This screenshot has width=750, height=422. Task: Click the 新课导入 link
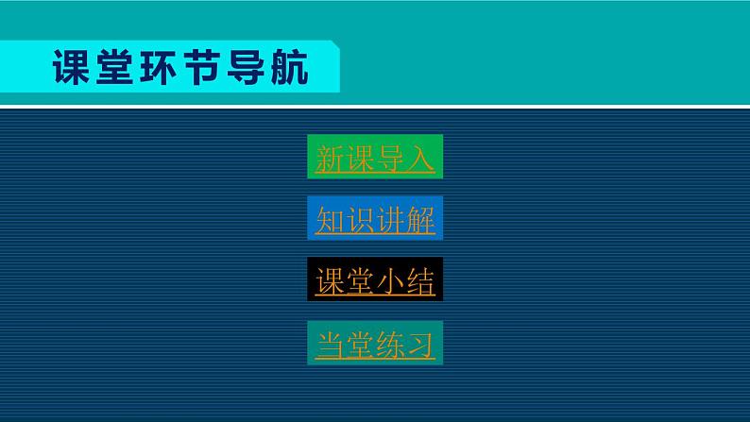pyautogui.click(x=375, y=159)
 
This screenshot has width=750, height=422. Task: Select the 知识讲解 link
pyautogui.click(x=375, y=220)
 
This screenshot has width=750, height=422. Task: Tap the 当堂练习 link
pyautogui.click(x=375, y=344)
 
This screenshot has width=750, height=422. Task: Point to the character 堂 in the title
pyautogui.click(x=118, y=67)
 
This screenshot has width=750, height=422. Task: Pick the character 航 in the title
pyautogui.click(x=293, y=67)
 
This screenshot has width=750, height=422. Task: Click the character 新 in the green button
pyautogui.click(x=331, y=159)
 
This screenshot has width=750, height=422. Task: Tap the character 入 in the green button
pyautogui.click(x=420, y=159)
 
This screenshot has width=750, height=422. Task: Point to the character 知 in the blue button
pyautogui.click(x=331, y=220)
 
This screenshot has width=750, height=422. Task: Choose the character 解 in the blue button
pyautogui.click(x=420, y=220)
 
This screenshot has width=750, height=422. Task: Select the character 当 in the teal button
pyautogui.click(x=331, y=344)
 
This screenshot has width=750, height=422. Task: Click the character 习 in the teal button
pyautogui.click(x=420, y=344)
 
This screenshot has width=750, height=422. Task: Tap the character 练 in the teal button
pyautogui.click(x=390, y=344)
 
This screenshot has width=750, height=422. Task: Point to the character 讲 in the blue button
pyautogui.click(x=390, y=220)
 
